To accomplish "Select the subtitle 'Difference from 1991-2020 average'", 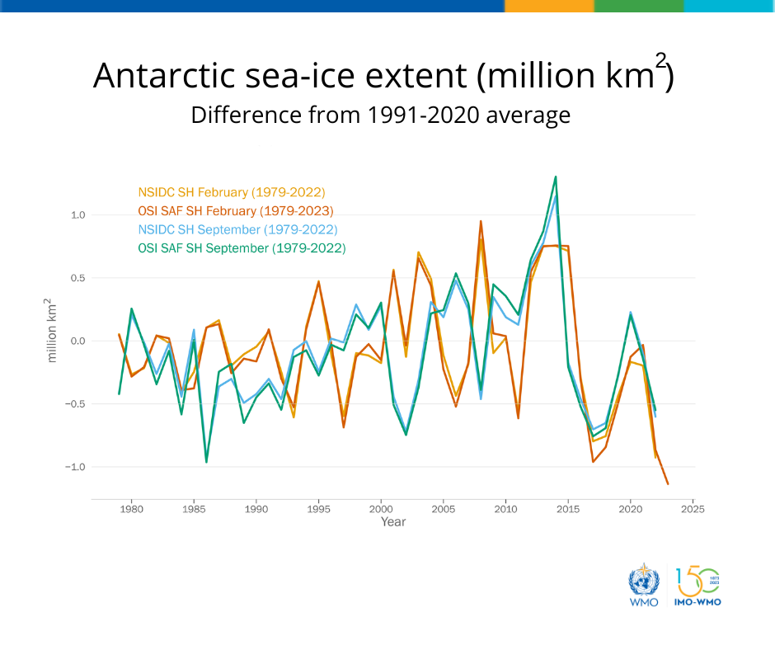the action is click(x=381, y=115).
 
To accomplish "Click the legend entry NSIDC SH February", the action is click(x=232, y=192).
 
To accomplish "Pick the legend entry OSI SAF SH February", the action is click(x=236, y=211).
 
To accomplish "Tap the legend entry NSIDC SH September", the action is click(x=237, y=229).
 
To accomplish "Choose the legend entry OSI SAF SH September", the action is click(x=242, y=248).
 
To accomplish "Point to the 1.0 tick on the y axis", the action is click(x=78, y=215).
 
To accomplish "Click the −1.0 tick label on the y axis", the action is click(x=75, y=467).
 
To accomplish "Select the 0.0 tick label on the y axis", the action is click(x=78, y=341).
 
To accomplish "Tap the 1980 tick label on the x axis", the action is click(x=131, y=509).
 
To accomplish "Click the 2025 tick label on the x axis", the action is click(x=693, y=509).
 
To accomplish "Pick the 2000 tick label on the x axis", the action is click(x=381, y=509).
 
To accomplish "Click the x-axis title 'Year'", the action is click(x=393, y=522).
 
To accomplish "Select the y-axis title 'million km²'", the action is click(x=51, y=331).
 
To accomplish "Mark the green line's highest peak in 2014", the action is click(x=556, y=177).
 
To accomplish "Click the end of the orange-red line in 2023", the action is click(x=668, y=484).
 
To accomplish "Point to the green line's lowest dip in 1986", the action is click(x=206, y=462).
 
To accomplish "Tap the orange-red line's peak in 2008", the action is click(x=481, y=221).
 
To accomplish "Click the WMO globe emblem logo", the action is click(x=644, y=585).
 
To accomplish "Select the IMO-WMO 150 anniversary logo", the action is click(x=697, y=586).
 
